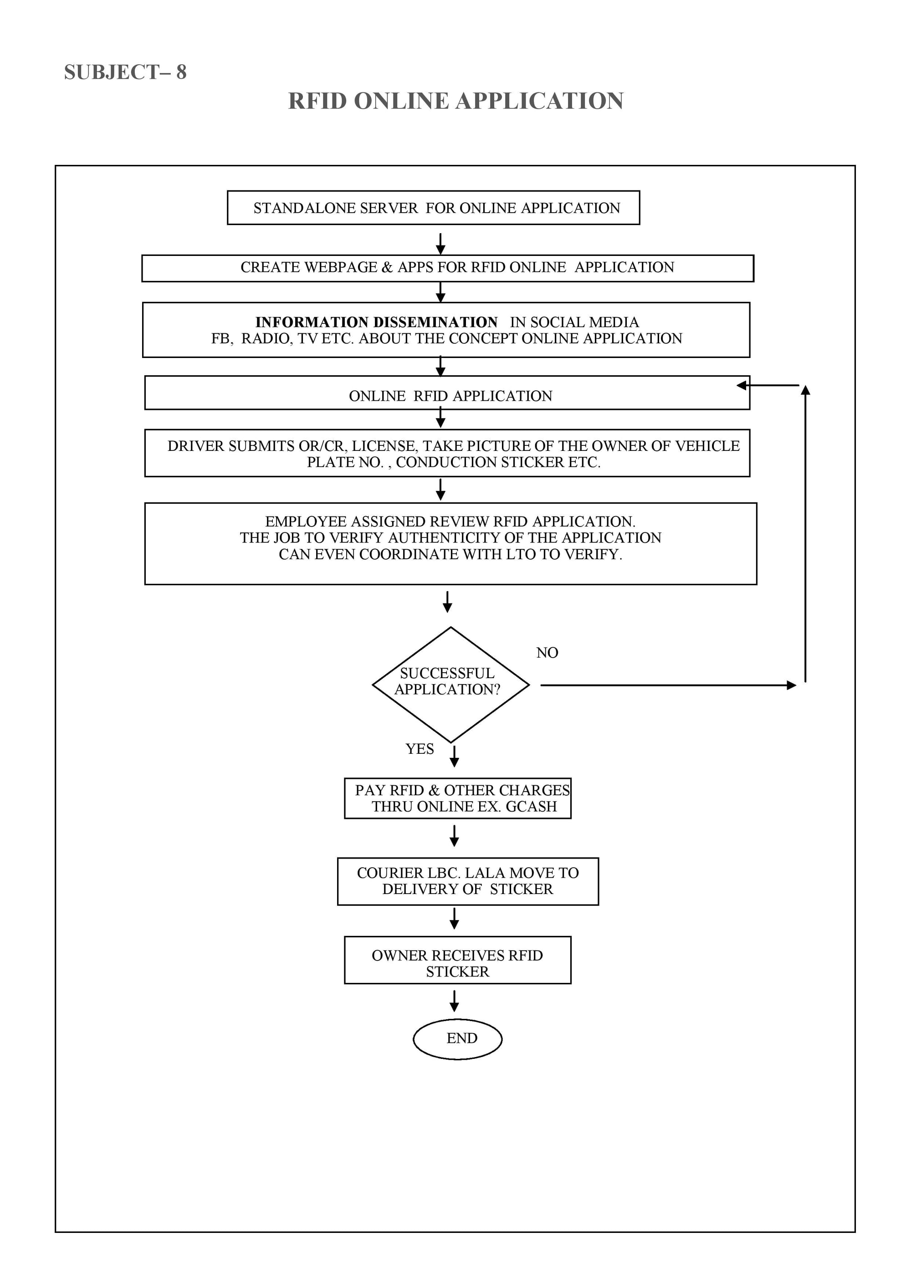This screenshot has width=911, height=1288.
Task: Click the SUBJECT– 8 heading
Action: click(125, 72)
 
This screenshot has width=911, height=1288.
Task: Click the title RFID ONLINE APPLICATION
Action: click(455, 101)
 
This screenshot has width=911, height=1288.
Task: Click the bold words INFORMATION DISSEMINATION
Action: click(376, 322)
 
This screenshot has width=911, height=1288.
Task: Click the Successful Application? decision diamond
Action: click(450, 685)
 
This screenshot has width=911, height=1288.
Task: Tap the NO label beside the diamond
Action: click(547, 652)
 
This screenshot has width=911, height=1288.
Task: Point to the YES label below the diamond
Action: click(420, 749)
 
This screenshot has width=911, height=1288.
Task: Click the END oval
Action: click(458, 1039)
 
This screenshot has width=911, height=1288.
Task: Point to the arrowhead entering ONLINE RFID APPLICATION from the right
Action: click(742, 385)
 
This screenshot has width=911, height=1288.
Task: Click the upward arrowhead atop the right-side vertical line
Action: click(805, 390)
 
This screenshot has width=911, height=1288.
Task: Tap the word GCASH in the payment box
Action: click(531, 806)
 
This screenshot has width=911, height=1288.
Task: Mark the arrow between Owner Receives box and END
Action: click(455, 1001)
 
